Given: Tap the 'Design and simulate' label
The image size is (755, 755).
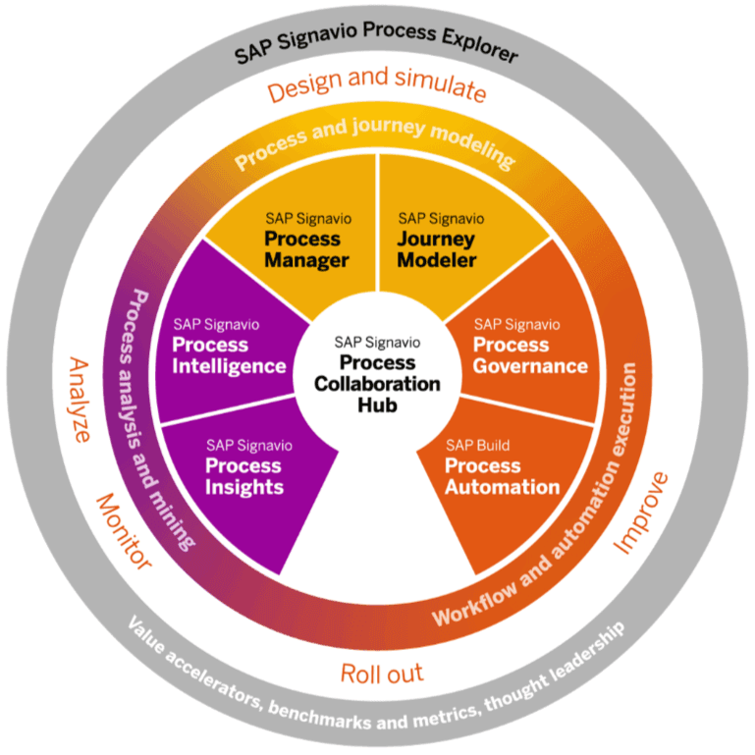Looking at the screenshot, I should coord(377,91).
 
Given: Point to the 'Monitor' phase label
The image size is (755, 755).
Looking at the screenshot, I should coord(124,531).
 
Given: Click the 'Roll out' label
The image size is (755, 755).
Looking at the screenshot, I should coord(381,674).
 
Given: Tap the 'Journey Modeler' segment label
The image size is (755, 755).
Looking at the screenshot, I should coord(438,249).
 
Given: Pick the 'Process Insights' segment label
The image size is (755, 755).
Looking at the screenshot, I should coord(242,476).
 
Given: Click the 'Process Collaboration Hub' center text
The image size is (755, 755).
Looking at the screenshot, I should coord(377,373).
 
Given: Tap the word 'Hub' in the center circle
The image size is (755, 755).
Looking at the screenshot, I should coord(377,404).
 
